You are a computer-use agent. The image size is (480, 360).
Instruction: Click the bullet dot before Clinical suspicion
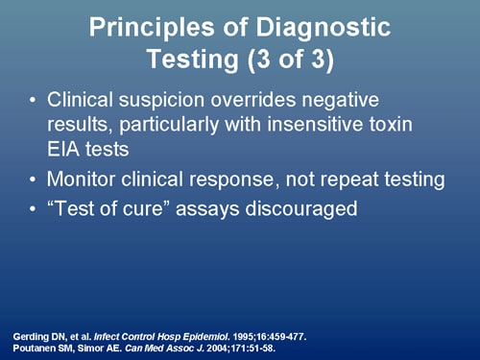click(35, 101)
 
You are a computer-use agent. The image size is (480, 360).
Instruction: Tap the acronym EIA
click(67, 147)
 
